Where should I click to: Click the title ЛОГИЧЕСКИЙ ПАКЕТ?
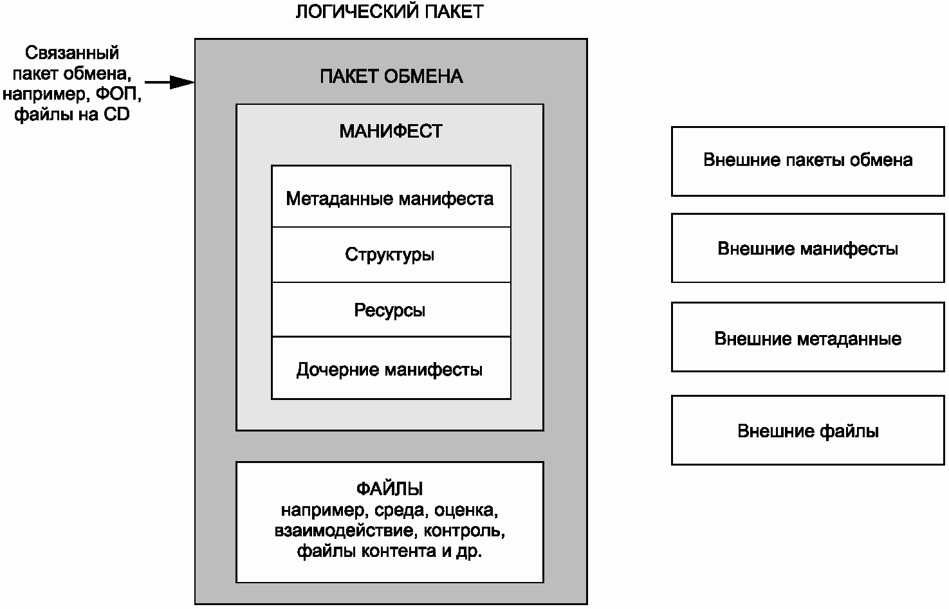389,12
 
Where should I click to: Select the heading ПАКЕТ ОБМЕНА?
391,77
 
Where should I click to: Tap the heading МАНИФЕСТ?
391,131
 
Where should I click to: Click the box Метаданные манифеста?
391,197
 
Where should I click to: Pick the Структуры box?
391,255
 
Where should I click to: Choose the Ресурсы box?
391,309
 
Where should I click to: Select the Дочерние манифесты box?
391,368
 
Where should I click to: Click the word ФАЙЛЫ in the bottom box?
390,489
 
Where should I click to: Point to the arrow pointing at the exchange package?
169,82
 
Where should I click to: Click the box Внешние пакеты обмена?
808,161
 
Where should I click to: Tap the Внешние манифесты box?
808,248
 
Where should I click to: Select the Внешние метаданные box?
808,337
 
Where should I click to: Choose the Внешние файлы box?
808,430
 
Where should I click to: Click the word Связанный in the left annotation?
72,53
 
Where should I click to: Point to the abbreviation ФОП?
118,94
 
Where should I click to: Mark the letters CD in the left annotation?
116,114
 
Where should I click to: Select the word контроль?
465,531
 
